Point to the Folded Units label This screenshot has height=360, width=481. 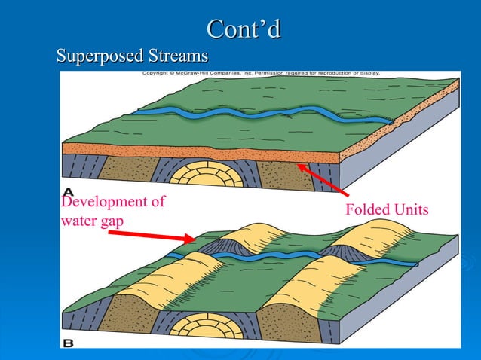[x=386, y=209]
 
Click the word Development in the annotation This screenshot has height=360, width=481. [x=112, y=202]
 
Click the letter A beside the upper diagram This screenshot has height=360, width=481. [x=69, y=189]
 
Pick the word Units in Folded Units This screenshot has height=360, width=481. [x=408, y=209]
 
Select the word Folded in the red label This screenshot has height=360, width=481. [x=365, y=209]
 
